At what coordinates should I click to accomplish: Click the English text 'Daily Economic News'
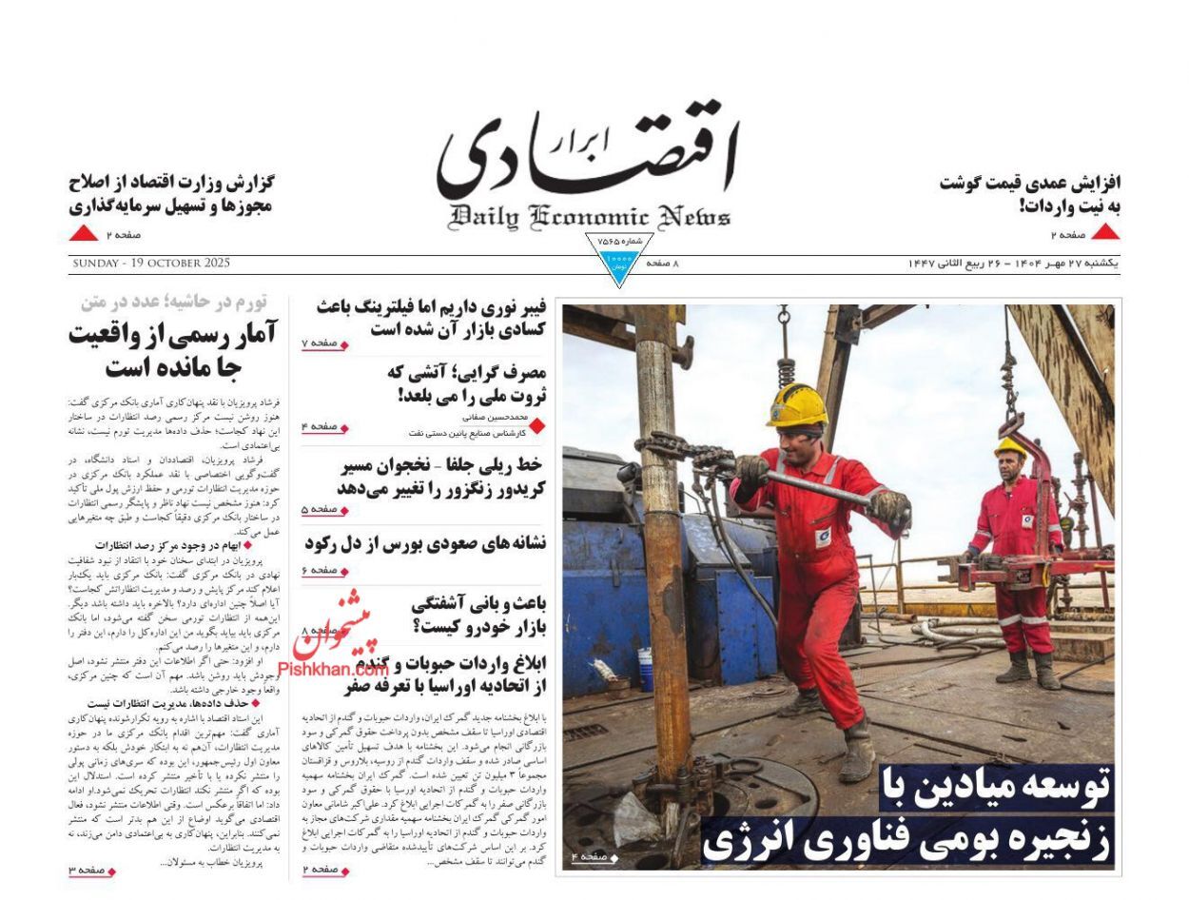click(590, 218)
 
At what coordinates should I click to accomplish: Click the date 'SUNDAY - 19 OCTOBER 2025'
click(150, 264)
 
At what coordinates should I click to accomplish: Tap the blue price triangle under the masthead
click(618, 268)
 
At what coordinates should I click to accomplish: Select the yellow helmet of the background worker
click(1010, 446)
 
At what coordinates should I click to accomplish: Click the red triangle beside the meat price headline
click(1104, 232)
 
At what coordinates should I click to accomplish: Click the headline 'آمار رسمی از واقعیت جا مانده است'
click(172, 349)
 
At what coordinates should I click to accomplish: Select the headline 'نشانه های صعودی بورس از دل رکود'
click(425, 543)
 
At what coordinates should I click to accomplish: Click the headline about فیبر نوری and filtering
click(431, 318)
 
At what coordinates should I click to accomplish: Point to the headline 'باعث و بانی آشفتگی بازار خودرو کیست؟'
click(478, 614)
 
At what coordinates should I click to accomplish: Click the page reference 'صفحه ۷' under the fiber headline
click(324, 343)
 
